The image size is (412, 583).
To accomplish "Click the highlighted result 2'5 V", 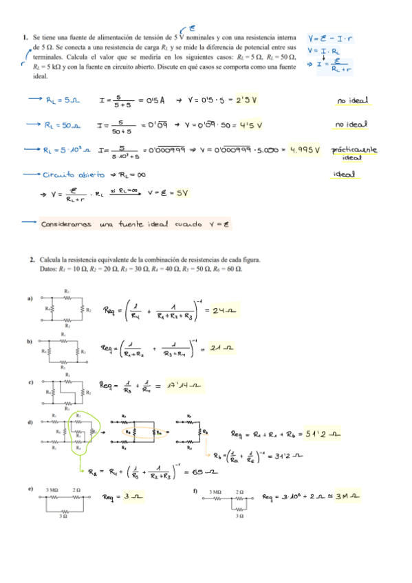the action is click(246, 100).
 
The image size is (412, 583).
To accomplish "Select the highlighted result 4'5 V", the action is click(250, 125).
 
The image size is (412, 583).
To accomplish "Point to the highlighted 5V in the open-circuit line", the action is click(180, 192).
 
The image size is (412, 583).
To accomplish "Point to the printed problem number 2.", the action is click(32, 260).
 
